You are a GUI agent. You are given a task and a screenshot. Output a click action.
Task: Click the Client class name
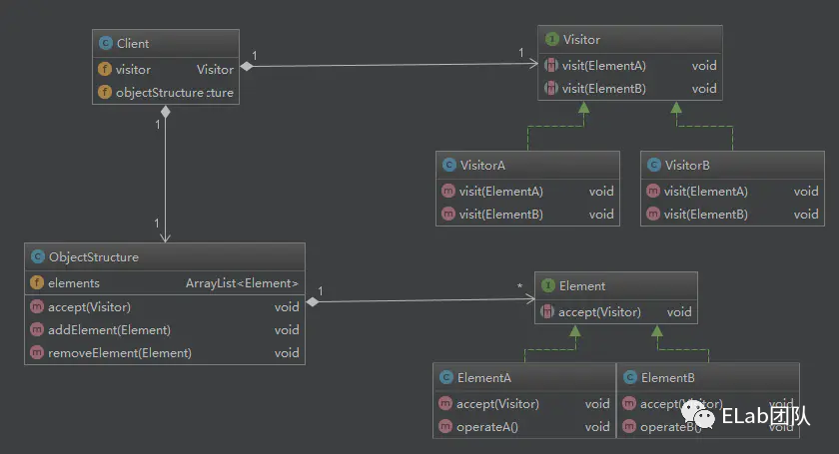click(x=132, y=43)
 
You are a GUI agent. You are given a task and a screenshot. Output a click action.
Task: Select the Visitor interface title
click(x=581, y=40)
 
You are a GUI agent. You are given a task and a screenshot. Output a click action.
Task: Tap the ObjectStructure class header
click(x=93, y=256)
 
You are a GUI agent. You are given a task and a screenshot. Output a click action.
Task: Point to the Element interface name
click(x=581, y=285)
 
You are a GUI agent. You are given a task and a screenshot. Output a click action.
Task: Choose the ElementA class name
click(x=484, y=378)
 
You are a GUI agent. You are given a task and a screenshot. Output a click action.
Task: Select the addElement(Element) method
click(x=109, y=329)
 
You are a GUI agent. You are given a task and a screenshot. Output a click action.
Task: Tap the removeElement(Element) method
click(x=119, y=352)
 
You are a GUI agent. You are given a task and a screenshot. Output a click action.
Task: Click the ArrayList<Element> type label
click(x=242, y=283)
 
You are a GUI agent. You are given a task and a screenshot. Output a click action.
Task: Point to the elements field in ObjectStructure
click(x=73, y=283)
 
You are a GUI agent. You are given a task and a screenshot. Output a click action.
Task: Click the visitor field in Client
click(x=133, y=70)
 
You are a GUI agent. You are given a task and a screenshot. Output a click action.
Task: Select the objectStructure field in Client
click(x=159, y=93)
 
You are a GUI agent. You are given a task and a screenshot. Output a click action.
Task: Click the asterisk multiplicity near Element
click(x=519, y=287)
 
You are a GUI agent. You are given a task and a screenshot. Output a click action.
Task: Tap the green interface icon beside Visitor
click(x=551, y=40)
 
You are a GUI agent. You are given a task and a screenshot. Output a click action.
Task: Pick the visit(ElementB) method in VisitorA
click(x=501, y=214)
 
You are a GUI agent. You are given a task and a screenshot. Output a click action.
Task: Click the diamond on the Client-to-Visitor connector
click(x=246, y=67)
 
